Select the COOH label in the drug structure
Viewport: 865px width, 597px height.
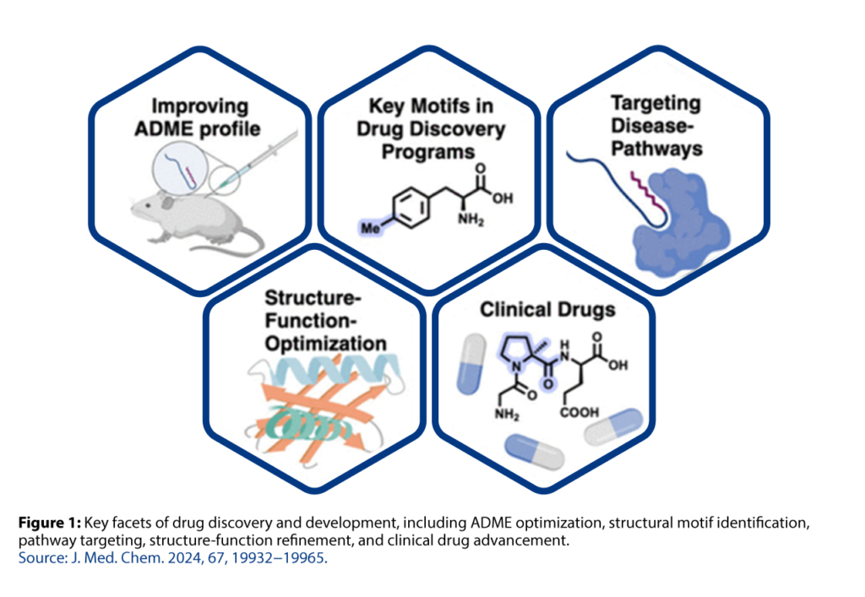[x=579, y=412]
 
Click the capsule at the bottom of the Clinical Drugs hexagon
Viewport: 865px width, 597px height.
[x=533, y=452]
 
